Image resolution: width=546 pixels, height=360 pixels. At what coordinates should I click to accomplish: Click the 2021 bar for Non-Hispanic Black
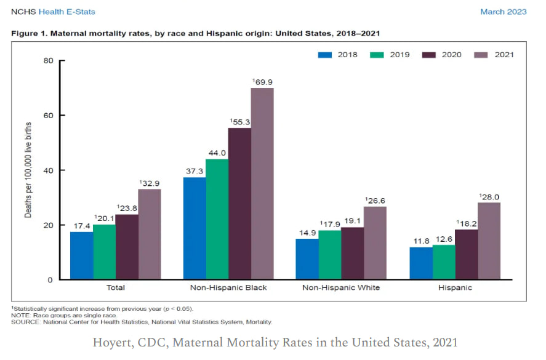[262, 184]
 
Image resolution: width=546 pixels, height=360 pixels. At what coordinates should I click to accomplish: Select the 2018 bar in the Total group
[82, 255]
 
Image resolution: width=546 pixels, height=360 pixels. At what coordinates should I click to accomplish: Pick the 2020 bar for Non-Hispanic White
[353, 254]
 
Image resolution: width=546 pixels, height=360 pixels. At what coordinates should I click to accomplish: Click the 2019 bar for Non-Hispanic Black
[217, 220]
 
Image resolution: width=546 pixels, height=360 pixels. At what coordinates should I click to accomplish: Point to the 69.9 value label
[263, 81]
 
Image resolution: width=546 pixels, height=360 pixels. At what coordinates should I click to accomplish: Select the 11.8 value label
[421, 241]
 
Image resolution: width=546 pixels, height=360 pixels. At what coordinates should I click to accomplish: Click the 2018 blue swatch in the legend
[325, 55]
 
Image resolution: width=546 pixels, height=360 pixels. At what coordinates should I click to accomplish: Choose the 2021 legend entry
[495, 55]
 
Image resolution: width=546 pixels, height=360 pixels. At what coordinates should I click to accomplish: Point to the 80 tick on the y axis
[48, 60]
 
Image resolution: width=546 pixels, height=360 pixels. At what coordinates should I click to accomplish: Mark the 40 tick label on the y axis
[48, 170]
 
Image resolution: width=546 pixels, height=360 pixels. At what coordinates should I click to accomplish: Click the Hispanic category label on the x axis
[455, 287]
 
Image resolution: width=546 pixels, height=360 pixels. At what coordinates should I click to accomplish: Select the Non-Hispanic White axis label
[341, 287]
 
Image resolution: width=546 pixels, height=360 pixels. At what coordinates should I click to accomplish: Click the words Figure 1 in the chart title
[29, 33]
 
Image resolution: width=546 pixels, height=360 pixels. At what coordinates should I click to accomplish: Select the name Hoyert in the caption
[110, 342]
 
